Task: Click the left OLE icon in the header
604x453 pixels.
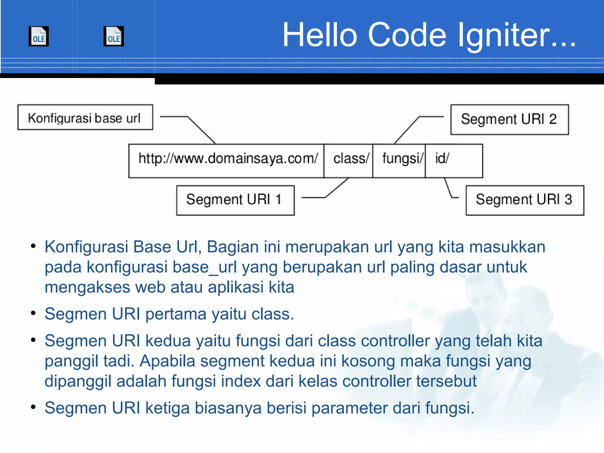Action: point(39,36)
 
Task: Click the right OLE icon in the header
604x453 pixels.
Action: point(114,36)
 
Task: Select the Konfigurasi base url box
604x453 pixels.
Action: point(85,117)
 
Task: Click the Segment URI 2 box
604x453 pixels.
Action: point(509,119)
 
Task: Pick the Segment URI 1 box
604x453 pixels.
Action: point(235,200)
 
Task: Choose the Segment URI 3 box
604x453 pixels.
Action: point(525,200)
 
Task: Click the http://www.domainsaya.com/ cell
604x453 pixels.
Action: point(226,161)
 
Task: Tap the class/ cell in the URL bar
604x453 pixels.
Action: point(349,161)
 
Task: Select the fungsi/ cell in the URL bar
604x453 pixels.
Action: point(399,161)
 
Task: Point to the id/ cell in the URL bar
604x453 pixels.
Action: point(454,161)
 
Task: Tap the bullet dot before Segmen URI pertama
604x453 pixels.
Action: point(33,313)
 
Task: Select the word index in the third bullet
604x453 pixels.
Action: point(241,381)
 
